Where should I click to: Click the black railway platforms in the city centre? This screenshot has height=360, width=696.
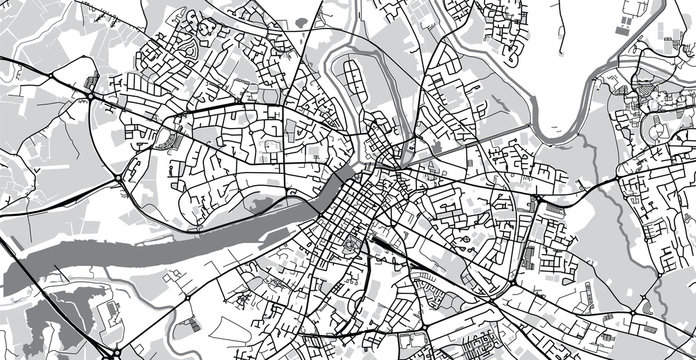pos(383,241)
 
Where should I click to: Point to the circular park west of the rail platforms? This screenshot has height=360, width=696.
pos(350,244)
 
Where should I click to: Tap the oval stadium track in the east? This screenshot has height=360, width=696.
pos(657,131)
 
